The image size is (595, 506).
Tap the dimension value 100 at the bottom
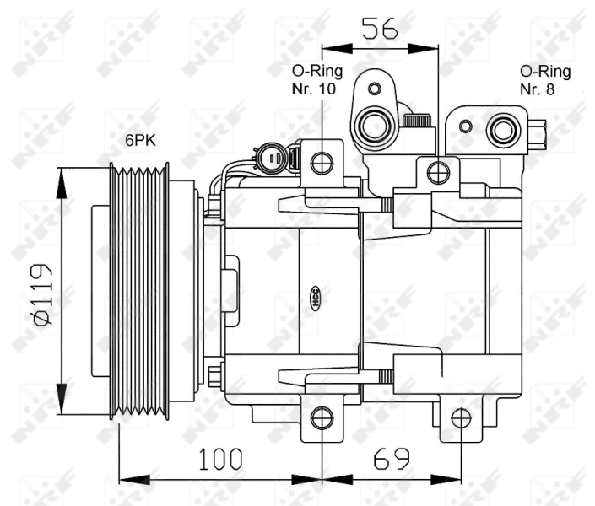pos(220,459)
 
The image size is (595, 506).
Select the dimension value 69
pos(392,459)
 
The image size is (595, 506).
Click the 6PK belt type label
pos(141,142)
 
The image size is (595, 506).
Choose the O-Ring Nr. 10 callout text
pos(313,80)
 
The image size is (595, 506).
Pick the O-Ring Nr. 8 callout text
pos(544,80)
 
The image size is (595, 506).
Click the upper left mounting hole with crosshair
pos(321,162)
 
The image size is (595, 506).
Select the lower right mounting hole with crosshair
pos(461,417)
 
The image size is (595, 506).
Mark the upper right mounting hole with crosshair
pos(437,173)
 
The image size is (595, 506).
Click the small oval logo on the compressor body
pos(317,294)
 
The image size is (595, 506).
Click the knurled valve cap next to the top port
pos(416,121)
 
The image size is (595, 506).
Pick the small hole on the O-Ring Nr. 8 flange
pos(464,127)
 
